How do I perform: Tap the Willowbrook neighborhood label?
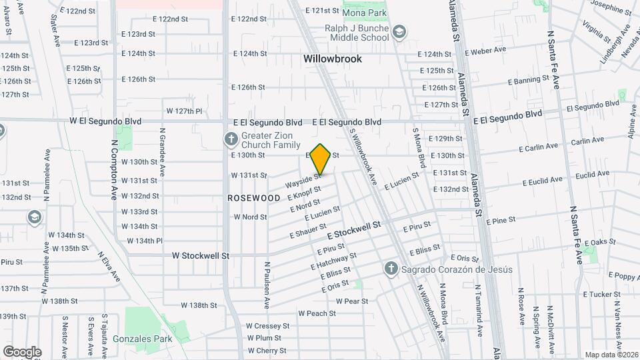333,59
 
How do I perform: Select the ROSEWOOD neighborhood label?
254,198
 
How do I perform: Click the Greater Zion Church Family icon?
230,139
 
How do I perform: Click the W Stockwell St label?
201,255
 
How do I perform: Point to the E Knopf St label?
304,193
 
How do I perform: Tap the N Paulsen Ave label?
266,284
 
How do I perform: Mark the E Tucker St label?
601,294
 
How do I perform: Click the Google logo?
21,352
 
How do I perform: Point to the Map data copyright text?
612,355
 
